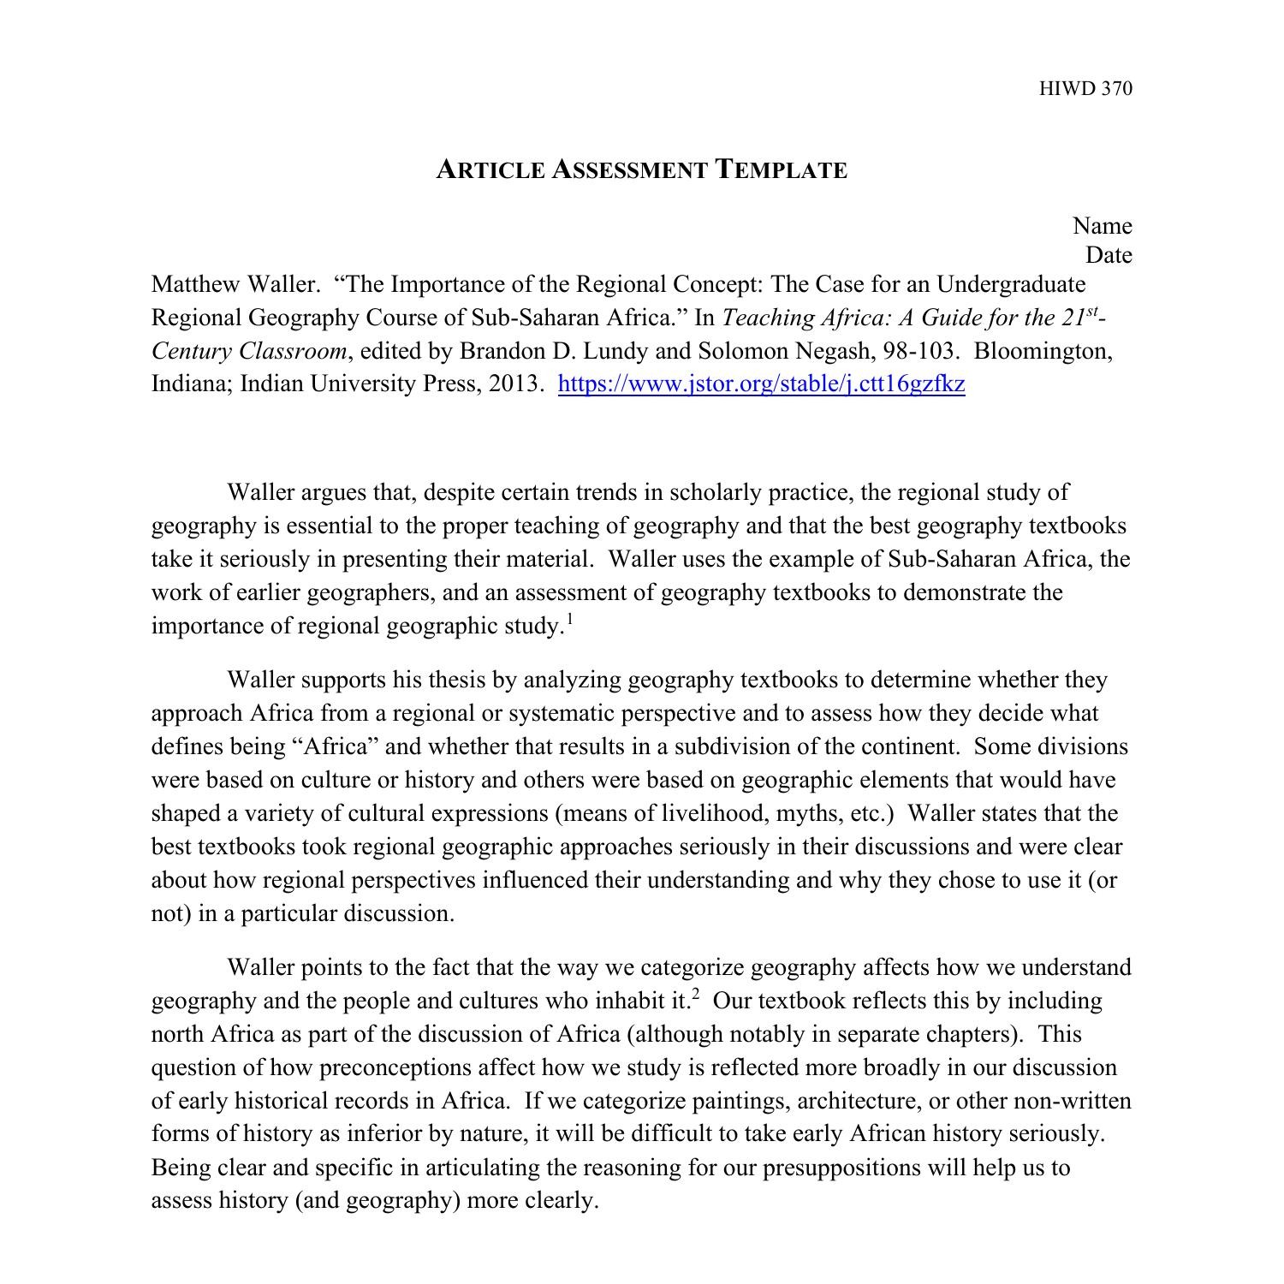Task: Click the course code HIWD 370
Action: tap(1085, 89)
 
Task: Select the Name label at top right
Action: tap(1102, 226)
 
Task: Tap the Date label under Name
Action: tap(1109, 255)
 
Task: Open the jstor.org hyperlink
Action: tap(761, 383)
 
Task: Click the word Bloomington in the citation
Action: tap(1043, 351)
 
